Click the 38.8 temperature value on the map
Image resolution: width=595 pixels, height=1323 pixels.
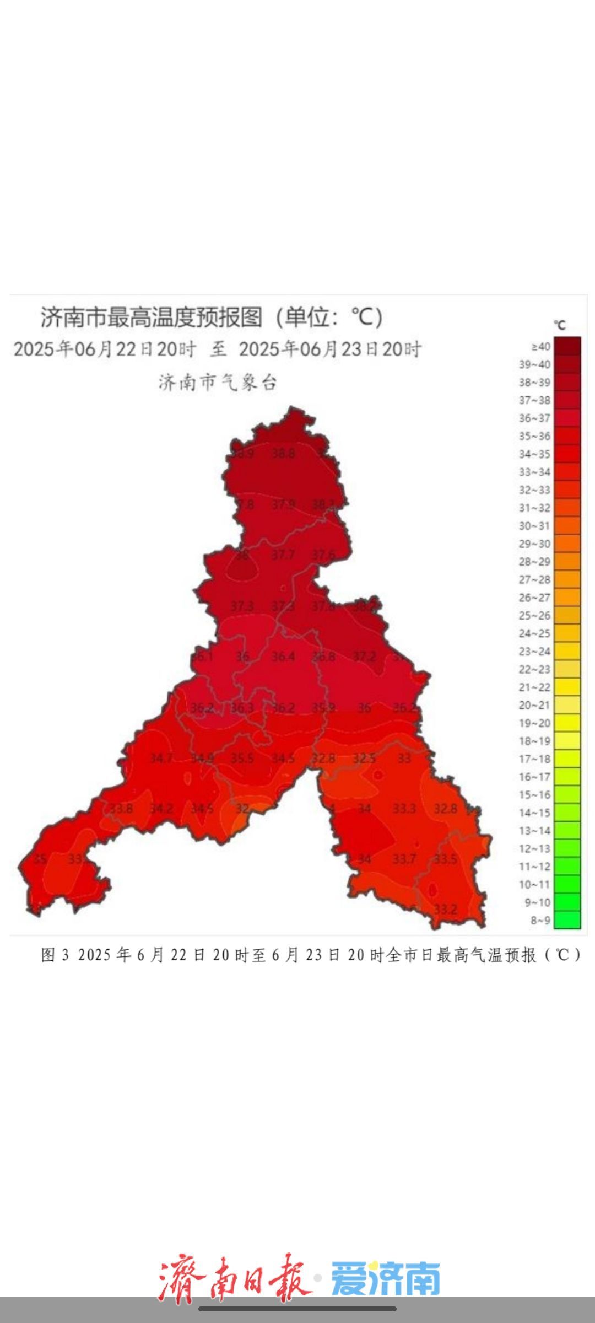click(283, 454)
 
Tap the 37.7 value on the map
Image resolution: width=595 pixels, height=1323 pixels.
click(283, 555)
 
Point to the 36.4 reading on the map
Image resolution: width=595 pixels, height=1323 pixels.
click(283, 657)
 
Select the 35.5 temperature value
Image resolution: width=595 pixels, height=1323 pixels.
click(242, 759)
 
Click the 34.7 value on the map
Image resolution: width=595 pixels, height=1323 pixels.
click(161, 759)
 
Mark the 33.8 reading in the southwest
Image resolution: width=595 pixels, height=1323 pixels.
click(121, 809)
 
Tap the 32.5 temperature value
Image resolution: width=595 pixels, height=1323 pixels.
click(364, 759)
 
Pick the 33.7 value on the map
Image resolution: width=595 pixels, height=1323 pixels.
click(404, 859)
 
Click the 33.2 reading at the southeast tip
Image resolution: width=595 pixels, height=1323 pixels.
click(445, 909)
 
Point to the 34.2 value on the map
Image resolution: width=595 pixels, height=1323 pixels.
click(161, 809)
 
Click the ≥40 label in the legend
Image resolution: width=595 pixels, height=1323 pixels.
click(540, 346)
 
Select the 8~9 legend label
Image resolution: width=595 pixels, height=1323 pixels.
click(540, 920)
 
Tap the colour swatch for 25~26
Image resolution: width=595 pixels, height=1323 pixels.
click(567, 615)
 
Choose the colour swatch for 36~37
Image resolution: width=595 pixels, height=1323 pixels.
click(567, 418)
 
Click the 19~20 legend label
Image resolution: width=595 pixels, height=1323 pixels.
click(534, 723)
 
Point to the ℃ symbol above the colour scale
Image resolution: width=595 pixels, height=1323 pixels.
click(560, 325)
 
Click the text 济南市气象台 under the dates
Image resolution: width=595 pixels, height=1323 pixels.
click(217, 382)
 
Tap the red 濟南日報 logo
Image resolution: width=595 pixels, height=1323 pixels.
click(234, 1278)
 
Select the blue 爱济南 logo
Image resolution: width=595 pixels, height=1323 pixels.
click(386, 1278)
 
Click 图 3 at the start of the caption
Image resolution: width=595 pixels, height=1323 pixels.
click(55, 955)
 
